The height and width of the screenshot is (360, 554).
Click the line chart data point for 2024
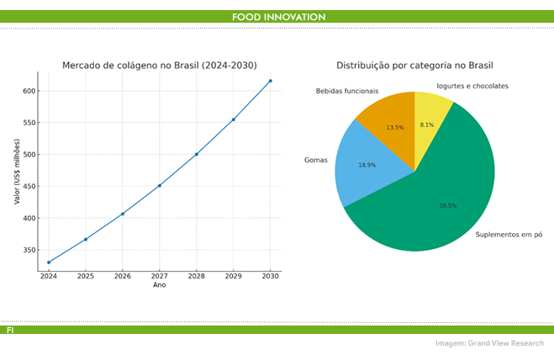(49, 262)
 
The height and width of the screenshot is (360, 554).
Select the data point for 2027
(160, 186)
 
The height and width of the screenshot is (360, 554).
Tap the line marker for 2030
(270, 81)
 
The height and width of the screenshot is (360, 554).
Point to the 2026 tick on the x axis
(123, 276)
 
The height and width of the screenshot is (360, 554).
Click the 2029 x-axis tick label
(233, 276)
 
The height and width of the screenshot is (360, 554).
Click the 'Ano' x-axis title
(160, 285)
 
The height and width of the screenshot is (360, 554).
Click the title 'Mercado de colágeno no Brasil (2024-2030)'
(160, 66)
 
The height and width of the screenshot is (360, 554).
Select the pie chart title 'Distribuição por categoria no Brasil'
(414, 66)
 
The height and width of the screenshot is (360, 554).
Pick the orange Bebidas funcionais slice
(391, 122)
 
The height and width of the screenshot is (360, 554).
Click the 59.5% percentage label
(447, 205)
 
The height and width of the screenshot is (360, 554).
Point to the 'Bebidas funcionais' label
(347, 91)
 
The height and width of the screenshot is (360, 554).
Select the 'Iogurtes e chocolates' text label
(472, 86)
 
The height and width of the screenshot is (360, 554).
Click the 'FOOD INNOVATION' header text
(278, 17)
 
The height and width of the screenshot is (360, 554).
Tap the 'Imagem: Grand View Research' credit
(489, 343)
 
